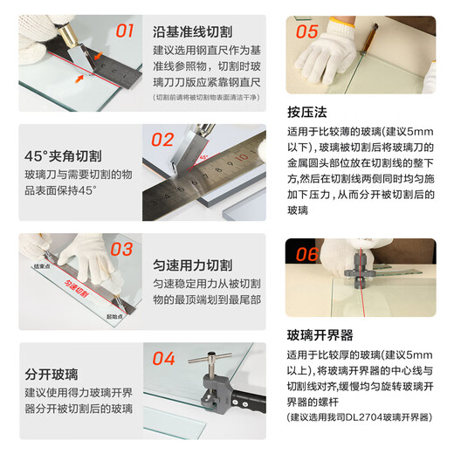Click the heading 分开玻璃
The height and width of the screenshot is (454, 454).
(x=53, y=375)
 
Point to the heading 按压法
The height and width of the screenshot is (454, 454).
(x=306, y=112)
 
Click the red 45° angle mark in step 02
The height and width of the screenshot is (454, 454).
(x=203, y=159)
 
